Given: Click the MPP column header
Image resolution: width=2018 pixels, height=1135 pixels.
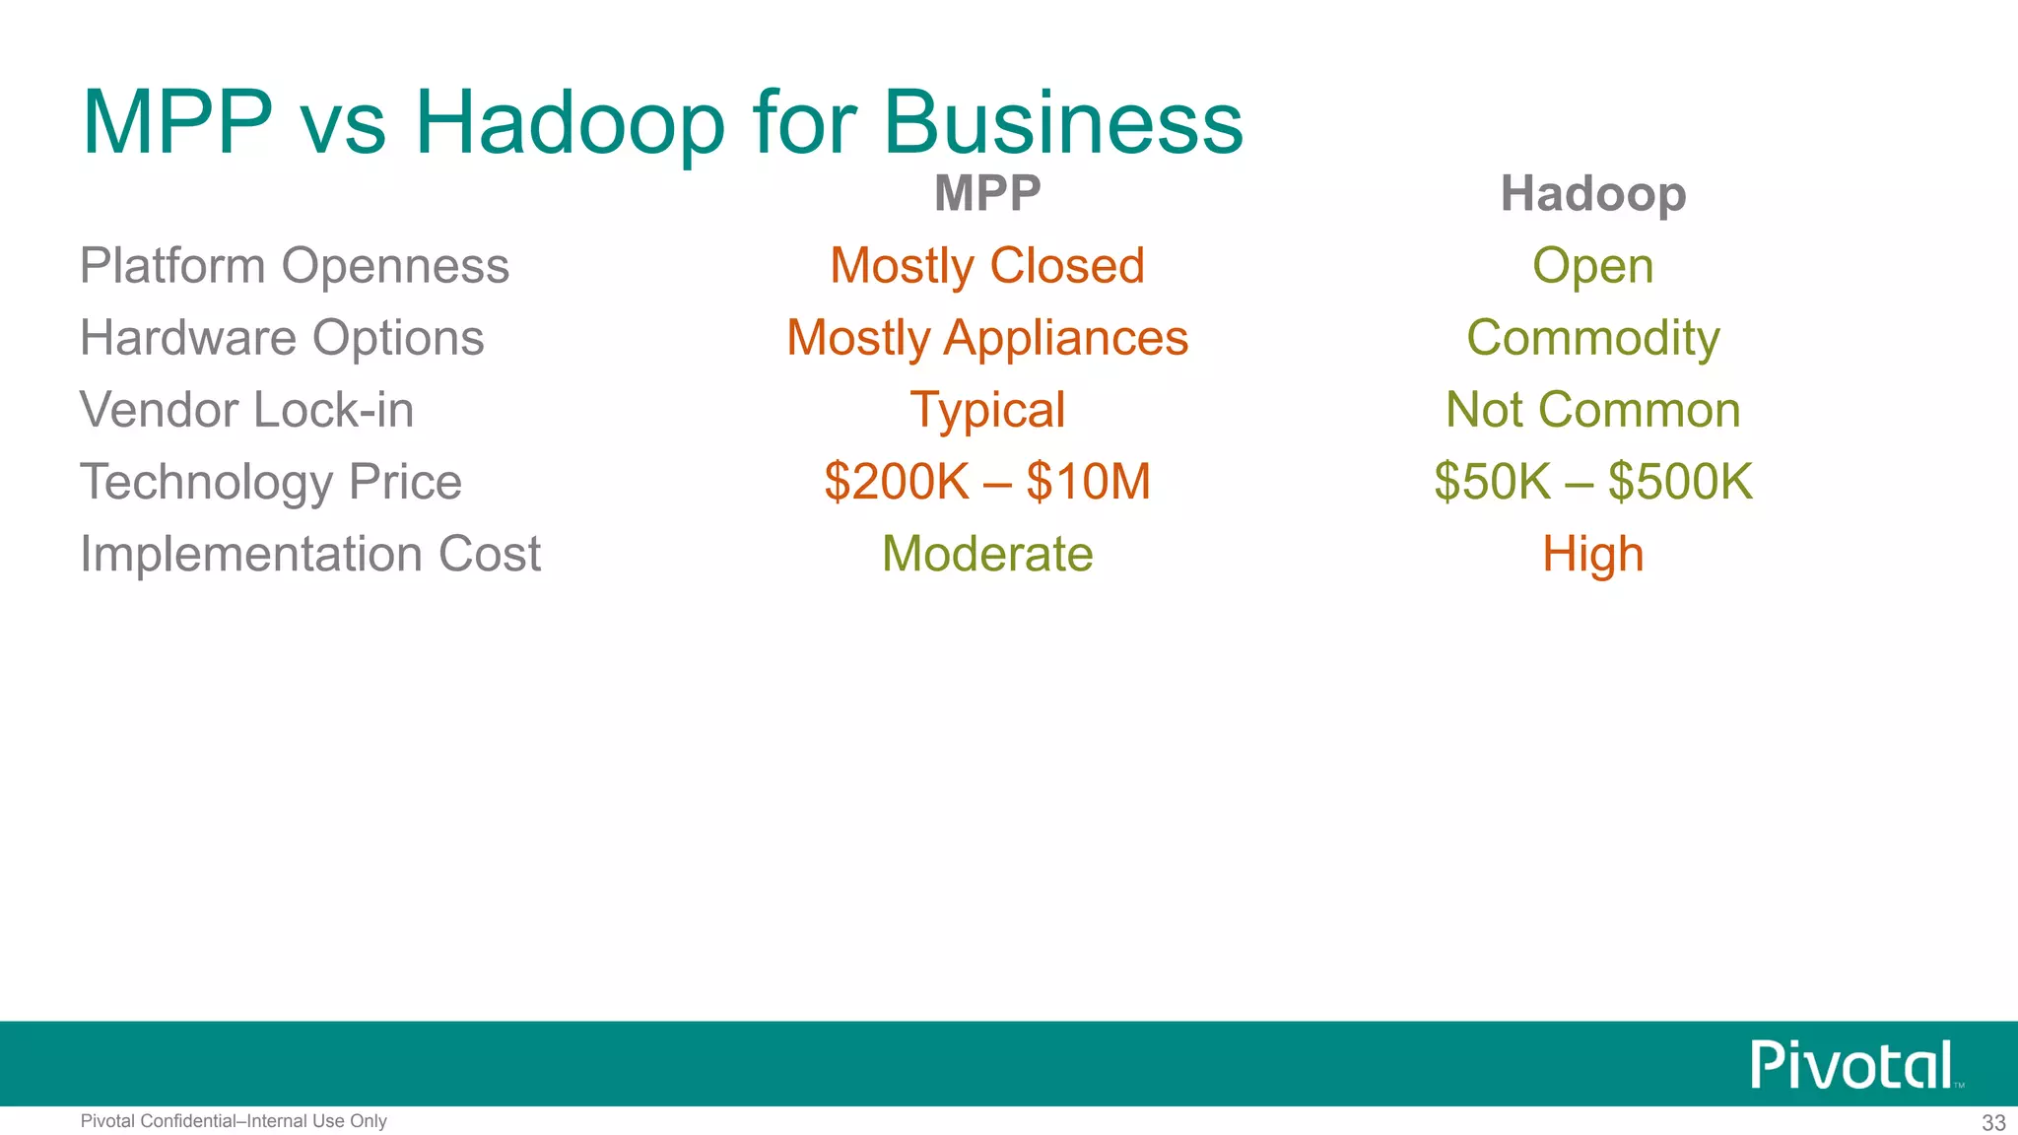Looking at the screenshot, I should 987,193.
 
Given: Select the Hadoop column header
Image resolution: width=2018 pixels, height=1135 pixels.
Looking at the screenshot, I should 1592,194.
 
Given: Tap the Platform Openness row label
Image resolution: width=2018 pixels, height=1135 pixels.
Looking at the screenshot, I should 295,266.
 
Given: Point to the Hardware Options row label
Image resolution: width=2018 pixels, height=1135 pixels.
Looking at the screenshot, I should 282,338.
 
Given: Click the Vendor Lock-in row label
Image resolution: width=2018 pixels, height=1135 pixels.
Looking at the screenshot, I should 246,410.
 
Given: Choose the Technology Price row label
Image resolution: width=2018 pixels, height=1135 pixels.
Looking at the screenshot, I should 271,482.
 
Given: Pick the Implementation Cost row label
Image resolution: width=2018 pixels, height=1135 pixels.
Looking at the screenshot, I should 310,554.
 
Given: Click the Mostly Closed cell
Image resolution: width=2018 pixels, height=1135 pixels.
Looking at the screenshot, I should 987,266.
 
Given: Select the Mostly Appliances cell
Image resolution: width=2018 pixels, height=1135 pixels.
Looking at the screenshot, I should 987,338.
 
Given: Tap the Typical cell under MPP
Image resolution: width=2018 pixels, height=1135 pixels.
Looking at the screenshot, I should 987,410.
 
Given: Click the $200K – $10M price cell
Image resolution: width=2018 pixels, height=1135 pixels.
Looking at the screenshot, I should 987,482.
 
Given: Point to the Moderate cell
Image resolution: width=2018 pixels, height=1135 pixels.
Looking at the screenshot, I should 987,554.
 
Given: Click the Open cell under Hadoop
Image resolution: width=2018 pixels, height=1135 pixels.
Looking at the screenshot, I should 1592,266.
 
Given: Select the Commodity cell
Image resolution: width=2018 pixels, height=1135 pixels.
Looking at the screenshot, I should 1592,338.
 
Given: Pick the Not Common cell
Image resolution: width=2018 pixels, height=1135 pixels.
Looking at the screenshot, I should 1592,410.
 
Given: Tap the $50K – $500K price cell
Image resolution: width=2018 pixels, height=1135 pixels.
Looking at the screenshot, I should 1592,482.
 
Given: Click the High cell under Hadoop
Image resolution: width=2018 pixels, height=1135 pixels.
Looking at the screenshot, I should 1592,554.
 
